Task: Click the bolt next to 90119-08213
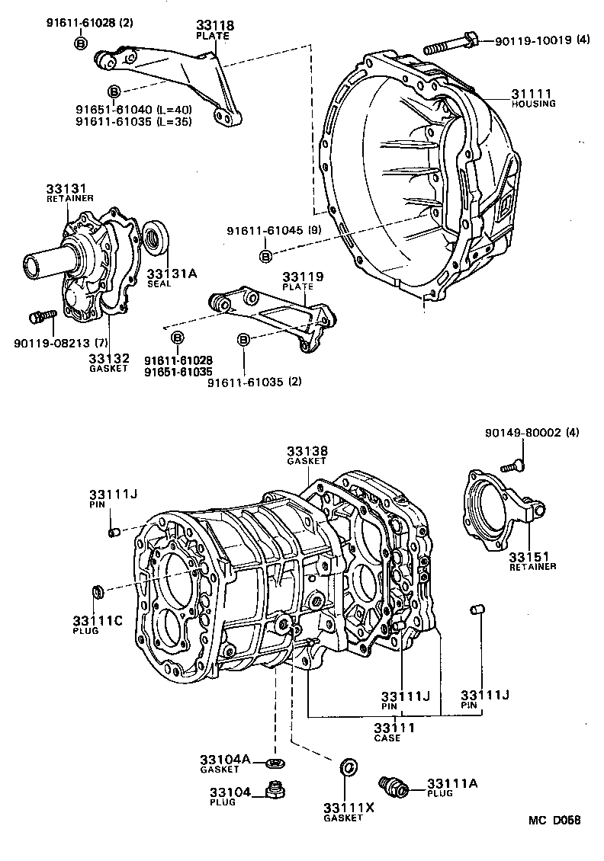[41, 315]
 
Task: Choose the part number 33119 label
[303, 277]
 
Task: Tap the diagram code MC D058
[556, 821]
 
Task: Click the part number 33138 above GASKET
[307, 452]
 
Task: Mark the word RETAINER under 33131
[70, 198]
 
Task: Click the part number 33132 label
[108, 357]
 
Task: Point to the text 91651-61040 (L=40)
[133, 110]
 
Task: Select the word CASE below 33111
[394, 738]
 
